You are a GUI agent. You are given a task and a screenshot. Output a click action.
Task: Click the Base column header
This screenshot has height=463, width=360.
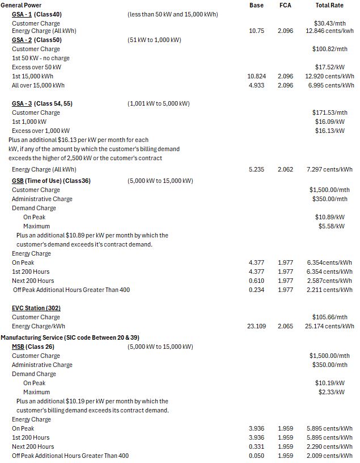[256, 5]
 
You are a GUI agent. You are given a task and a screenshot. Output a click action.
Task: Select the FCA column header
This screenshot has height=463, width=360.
[285, 5]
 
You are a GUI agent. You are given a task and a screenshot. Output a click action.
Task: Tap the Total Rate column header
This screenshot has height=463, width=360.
[329, 5]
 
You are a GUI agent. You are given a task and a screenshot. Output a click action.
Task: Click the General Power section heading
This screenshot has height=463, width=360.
[20, 5]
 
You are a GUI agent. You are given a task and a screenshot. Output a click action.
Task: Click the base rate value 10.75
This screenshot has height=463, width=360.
[256, 31]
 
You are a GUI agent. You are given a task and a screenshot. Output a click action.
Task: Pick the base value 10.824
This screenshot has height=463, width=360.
[256, 76]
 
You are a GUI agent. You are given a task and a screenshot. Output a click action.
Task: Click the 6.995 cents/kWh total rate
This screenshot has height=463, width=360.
[331, 85]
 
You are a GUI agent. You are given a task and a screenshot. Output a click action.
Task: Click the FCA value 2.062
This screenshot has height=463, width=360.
[285, 169]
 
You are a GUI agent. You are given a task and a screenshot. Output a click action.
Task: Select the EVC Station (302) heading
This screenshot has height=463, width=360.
[36, 308]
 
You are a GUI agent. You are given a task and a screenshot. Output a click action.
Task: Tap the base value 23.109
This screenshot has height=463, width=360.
[256, 326]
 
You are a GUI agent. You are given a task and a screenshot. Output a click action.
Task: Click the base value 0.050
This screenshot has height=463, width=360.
[256, 456]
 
